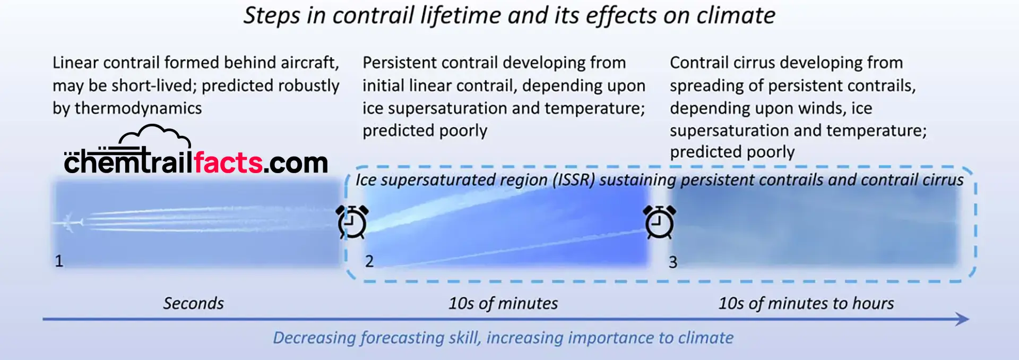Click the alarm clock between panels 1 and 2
click(x=352, y=221)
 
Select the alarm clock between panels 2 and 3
click(x=659, y=221)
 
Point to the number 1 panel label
click(x=59, y=261)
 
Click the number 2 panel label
click(x=369, y=261)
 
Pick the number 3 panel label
click(x=673, y=262)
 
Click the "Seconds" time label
click(x=193, y=303)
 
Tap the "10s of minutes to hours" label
click(x=806, y=303)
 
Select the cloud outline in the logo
click(x=154, y=136)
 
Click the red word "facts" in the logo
click(x=228, y=162)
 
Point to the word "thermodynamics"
click(x=138, y=108)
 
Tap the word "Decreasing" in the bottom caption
click(x=315, y=338)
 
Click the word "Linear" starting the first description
click(x=75, y=63)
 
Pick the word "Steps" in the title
click(x=272, y=16)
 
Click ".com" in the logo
click(x=296, y=163)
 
